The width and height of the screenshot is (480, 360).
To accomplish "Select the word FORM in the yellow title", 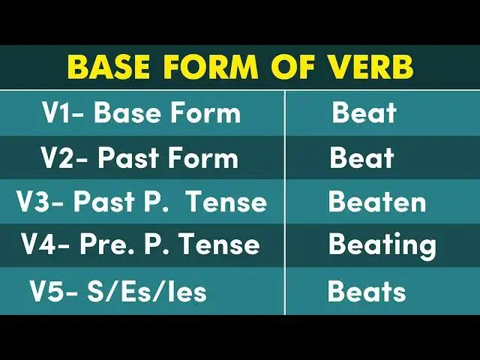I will point(210,67).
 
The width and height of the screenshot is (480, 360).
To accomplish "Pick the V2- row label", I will point(64,158).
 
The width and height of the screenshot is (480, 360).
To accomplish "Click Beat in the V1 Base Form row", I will point(364,113).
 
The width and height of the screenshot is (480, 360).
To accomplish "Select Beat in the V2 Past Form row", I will point(361,158).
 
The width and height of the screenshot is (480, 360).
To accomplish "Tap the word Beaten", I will point(377,202).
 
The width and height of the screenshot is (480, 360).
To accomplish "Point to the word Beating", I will point(382,245).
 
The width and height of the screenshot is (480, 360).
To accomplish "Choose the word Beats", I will point(367,291).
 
